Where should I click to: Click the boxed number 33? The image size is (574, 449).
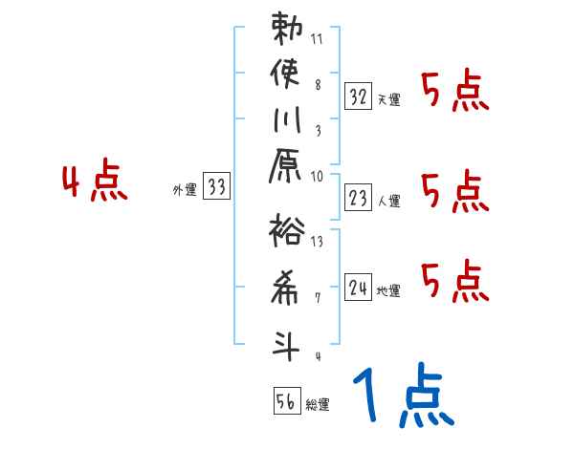coord(217,187)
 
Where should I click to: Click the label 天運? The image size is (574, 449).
coord(389,99)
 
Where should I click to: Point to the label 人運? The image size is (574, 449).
coord(389,200)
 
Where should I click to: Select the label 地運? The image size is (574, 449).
coord(389,289)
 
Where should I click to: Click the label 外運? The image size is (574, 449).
coord(184,190)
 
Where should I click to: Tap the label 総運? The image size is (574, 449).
coord(318,405)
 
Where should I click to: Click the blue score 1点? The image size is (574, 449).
coord(401,396)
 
